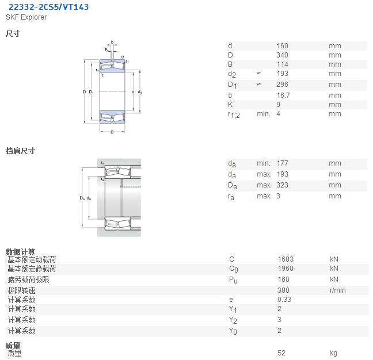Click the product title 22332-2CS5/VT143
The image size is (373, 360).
point(48,7)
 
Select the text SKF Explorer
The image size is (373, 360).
point(26,17)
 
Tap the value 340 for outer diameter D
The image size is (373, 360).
point(282,55)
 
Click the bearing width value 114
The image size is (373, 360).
point(282,64)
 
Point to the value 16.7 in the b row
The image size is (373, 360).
point(283,95)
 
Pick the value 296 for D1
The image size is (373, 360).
point(282,85)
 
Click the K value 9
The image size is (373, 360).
point(279,105)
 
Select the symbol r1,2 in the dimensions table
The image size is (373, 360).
point(234,115)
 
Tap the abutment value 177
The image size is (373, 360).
point(282,163)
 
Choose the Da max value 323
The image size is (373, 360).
point(282,185)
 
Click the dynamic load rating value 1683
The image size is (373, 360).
point(286,259)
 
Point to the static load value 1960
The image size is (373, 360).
point(286,269)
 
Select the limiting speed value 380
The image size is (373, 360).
point(283,290)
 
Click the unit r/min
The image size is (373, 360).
point(337,290)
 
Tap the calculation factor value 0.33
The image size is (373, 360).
point(284,300)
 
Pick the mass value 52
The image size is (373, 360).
point(281,353)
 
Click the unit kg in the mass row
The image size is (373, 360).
point(333,353)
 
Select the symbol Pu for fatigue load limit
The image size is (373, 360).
point(233,280)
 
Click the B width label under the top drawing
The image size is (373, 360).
point(112,132)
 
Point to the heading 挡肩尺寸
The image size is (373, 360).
point(21,151)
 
